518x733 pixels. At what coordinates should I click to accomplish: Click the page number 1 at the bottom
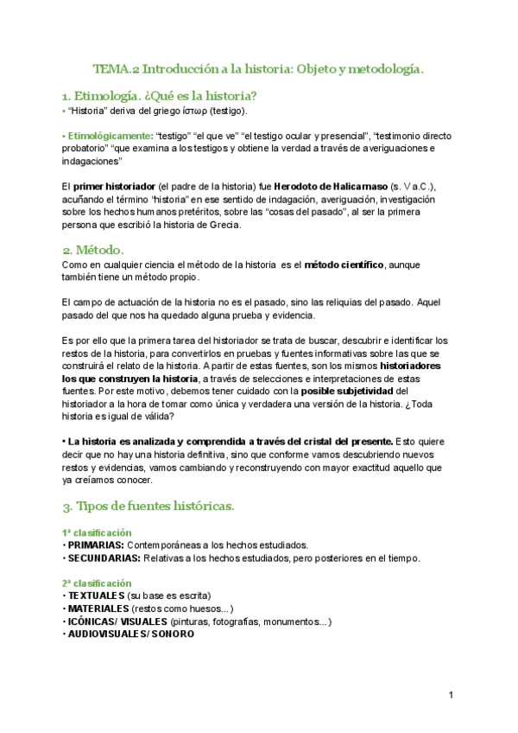click(x=451, y=696)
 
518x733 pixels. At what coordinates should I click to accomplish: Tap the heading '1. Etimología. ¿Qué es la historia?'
click(x=160, y=95)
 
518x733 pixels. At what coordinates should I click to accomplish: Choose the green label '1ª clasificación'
click(x=97, y=532)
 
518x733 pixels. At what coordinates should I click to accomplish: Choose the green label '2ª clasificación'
click(x=97, y=583)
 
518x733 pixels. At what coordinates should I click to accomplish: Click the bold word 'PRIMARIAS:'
click(x=96, y=545)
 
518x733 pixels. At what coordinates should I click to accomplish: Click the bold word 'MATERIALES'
click(x=98, y=609)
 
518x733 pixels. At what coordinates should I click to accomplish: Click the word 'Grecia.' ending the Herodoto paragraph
click(x=224, y=225)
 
